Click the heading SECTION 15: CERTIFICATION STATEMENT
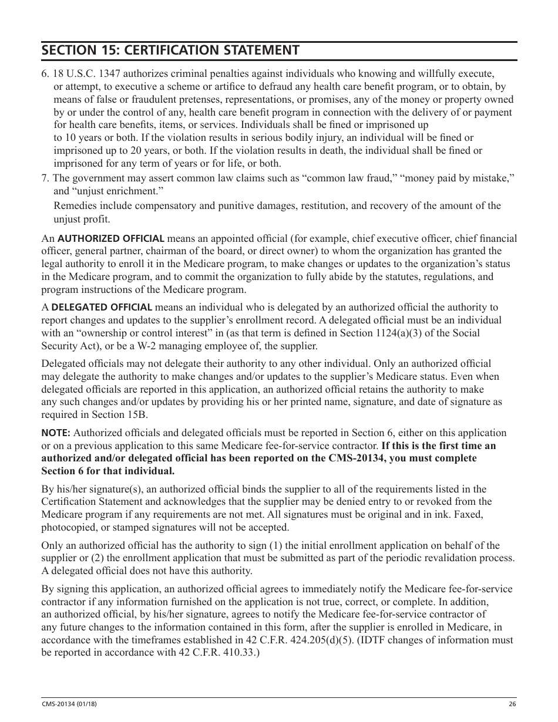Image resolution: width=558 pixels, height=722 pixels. [170, 50]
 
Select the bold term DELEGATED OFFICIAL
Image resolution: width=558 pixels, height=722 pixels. [102, 307]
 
